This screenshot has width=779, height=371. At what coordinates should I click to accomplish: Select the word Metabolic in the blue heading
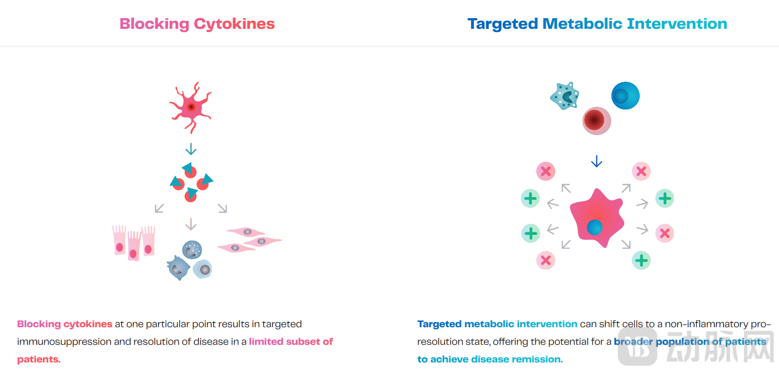(582, 23)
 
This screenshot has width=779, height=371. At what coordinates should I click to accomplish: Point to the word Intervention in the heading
(677, 23)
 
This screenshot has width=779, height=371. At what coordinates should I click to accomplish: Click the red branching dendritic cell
(190, 107)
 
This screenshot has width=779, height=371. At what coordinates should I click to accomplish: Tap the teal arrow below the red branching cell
(190, 149)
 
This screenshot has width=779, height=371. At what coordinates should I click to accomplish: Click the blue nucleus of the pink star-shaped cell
(594, 227)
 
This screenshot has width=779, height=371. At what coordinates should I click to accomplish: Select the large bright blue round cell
(625, 96)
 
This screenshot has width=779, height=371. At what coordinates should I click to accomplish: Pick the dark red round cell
(597, 121)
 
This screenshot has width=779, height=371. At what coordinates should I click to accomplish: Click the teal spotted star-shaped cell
(565, 96)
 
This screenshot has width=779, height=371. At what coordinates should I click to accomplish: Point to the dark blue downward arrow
(597, 162)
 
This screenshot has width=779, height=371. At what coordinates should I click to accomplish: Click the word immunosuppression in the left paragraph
(65, 342)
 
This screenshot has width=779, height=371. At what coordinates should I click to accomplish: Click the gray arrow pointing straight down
(190, 224)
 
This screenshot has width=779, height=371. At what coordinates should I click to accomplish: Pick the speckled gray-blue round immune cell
(192, 249)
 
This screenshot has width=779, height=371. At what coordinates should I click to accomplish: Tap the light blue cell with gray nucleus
(202, 269)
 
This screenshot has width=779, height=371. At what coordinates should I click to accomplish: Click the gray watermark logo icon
(638, 347)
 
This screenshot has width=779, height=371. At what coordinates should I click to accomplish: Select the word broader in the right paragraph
(633, 342)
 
